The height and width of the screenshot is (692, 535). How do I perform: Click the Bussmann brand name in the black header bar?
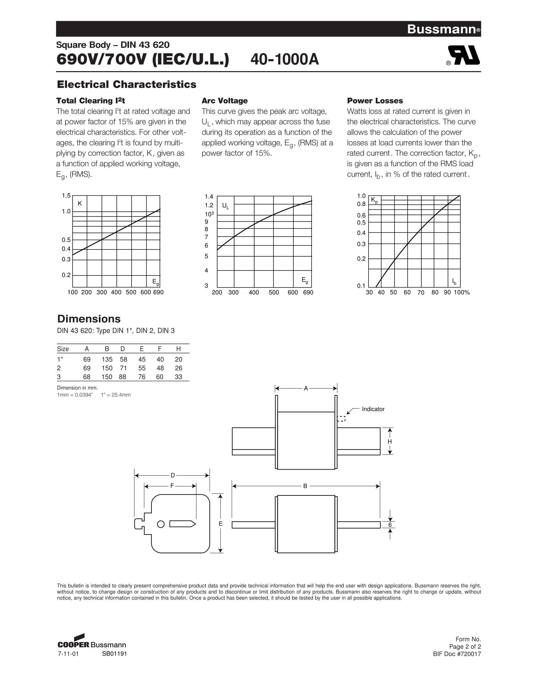tap(442, 29)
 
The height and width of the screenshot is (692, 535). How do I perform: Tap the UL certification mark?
tap(463, 56)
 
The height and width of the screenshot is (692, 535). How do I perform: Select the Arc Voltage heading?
tap(225, 101)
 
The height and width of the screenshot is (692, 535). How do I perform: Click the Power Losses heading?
tap(375, 101)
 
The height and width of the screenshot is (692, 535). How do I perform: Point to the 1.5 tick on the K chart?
tap(66, 196)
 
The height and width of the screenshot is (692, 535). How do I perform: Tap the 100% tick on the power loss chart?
tap(461, 293)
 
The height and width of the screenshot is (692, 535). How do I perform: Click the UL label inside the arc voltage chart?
tap(226, 206)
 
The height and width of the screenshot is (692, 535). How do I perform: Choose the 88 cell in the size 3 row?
tap(122, 377)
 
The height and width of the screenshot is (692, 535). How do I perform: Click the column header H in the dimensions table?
tap(178, 349)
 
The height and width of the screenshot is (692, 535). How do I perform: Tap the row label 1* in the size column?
tap(59, 359)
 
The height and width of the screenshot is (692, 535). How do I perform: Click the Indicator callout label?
tap(373, 409)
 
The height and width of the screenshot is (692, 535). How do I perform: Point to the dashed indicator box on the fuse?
tap(341, 419)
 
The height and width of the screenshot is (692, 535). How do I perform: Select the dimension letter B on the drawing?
tap(305, 486)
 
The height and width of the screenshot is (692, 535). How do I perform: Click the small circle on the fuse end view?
tap(161, 524)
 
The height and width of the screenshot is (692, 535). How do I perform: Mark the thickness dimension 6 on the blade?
tap(390, 525)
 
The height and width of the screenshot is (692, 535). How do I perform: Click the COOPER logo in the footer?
tap(74, 645)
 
